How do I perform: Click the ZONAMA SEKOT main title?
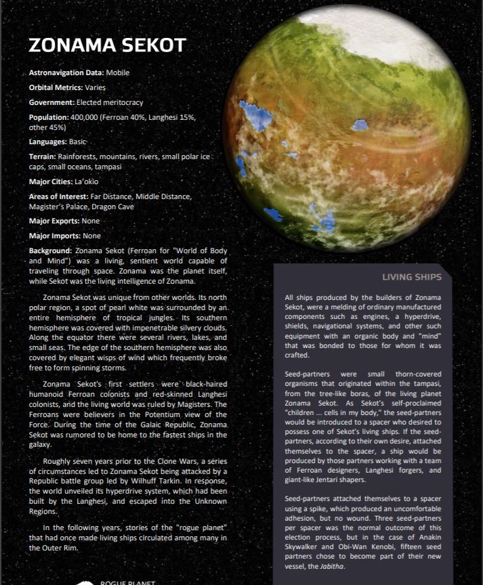(x=107, y=45)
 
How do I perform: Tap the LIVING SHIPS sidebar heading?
(x=412, y=277)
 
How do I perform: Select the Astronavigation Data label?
(x=66, y=72)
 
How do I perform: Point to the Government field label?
(x=51, y=102)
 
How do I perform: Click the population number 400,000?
(x=83, y=117)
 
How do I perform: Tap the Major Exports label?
(x=54, y=221)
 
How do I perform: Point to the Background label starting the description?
(x=51, y=251)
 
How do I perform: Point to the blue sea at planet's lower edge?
(x=273, y=215)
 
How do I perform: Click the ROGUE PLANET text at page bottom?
(x=128, y=582)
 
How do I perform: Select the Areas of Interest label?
(x=59, y=196)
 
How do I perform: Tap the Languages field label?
(x=48, y=142)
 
